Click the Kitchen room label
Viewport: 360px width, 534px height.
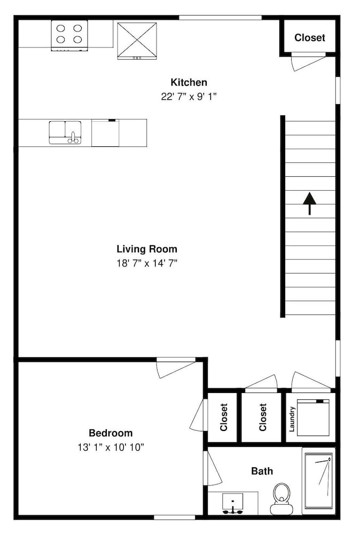[189, 82]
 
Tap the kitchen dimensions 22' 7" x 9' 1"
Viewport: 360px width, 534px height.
[189, 97]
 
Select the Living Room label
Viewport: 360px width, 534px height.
[147, 249]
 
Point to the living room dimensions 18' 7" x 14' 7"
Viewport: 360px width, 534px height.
[147, 263]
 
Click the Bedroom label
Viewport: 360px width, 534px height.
[111, 433]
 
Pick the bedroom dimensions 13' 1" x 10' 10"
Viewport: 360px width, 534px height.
[111, 447]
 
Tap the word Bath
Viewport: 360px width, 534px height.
[262, 471]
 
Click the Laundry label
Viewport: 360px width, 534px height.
[292, 419]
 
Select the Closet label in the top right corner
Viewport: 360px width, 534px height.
[310, 37]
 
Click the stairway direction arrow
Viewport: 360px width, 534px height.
[310, 203]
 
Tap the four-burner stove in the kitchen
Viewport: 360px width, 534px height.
[69, 35]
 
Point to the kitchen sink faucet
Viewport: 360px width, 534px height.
[73, 138]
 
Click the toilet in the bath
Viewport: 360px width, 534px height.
[281, 499]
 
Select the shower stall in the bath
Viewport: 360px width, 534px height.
[318, 481]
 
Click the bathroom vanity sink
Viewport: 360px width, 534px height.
[233, 503]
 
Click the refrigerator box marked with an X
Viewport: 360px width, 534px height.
[137, 41]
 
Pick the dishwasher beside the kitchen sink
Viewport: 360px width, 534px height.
[105, 133]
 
